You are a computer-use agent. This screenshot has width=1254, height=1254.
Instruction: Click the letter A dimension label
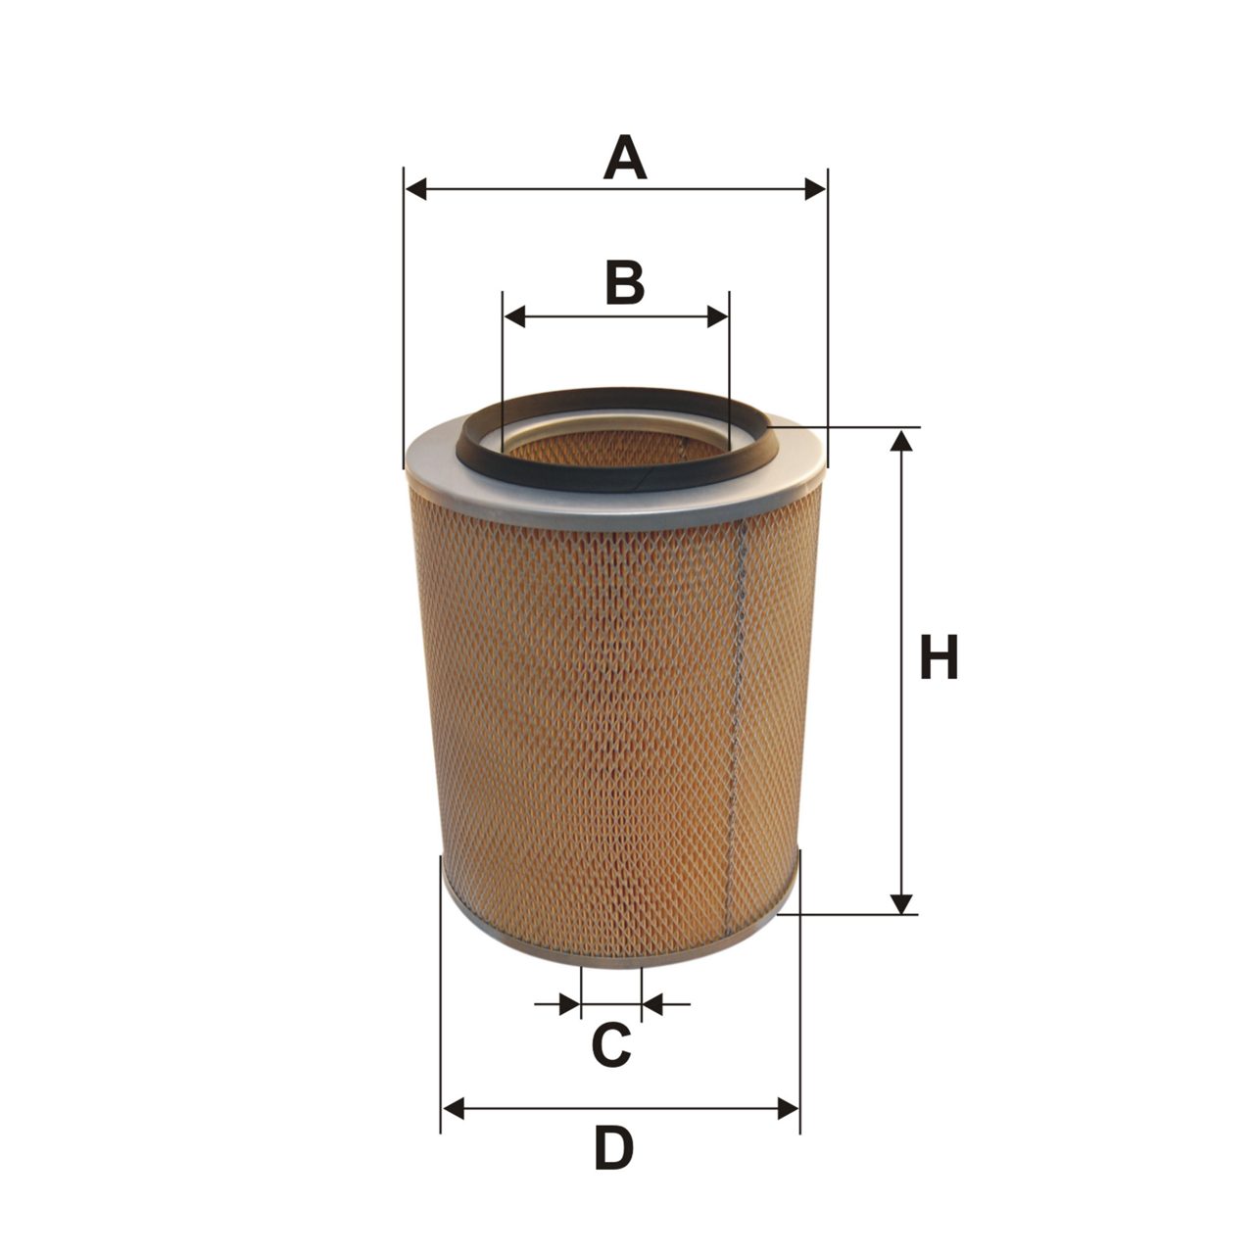click(x=624, y=157)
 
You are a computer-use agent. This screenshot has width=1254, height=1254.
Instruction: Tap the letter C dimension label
click(x=611, y=1043)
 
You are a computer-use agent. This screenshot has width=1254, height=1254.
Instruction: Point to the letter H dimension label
click(x=939, y=656)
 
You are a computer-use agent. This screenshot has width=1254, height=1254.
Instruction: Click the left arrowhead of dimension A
click(x=415, y=189)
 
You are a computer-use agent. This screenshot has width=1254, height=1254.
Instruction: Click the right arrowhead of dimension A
click(x=815, y=189)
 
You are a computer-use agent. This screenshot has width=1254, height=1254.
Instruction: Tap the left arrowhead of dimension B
click(x=514, y=316)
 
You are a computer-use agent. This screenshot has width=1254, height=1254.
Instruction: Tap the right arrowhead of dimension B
click(x=718, y=316)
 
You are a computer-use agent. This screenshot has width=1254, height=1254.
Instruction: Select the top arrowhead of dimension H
click(x=900, y=440)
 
